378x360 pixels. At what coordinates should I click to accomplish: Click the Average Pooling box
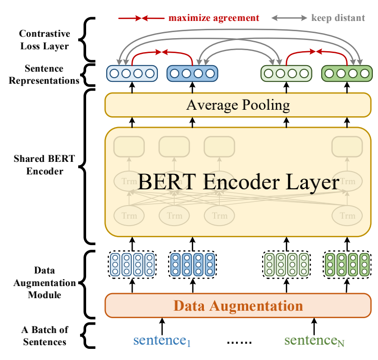[x=238, y=105]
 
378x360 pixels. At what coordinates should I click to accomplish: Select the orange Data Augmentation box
[x=238, y=306]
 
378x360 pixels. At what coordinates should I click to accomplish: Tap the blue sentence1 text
[x=162, y=341]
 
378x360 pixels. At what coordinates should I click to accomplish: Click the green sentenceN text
[x=314, y=341]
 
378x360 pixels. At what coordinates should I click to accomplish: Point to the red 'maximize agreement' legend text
[x=214, y=18]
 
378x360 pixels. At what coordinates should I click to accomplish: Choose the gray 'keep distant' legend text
[x=338, y=18]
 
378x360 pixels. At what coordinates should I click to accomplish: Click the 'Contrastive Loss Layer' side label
[x=45, y=40]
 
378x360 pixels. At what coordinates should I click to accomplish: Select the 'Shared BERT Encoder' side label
[x=45, y=165]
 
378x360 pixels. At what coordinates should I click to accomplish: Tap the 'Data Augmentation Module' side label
[x=45, y=282]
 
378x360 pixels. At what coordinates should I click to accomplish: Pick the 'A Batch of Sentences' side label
[x=45, y=336]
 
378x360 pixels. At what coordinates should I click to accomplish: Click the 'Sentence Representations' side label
[x=44, y=74]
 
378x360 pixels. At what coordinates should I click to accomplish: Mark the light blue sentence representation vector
[x=132, y=73]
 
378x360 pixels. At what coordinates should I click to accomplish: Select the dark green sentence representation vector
[x=347, y=73]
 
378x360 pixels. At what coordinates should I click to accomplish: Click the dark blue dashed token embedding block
[x=192, y=264]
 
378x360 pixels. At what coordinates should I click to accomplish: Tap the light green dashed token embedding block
[x=286, y=264]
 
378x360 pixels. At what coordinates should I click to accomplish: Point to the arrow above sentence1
[x=162, y=327]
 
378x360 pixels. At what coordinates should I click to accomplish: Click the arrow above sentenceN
[x=314, y=327]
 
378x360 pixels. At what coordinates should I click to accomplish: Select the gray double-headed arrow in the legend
[x=289, y=18]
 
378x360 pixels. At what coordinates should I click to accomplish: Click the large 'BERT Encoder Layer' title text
[x=238, y=182]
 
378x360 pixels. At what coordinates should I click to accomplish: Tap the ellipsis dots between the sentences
[x=239, y=342]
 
